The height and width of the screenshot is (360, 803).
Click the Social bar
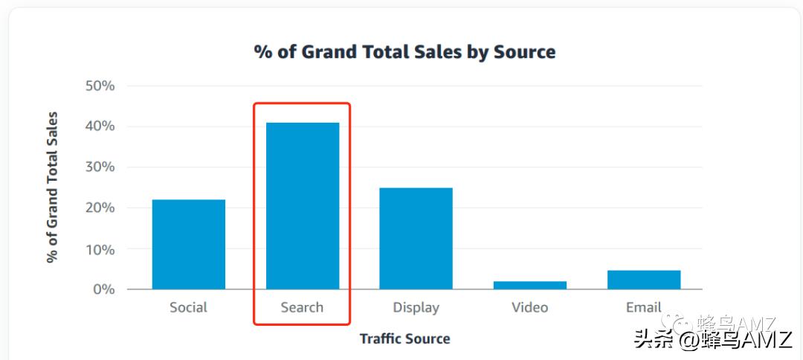coord(188,244)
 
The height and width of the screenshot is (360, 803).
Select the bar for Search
coord(302,205)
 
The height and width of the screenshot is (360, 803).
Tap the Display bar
coord(416,238)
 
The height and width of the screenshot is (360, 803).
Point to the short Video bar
coord(529,285)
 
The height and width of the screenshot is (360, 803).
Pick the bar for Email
coord(643,280)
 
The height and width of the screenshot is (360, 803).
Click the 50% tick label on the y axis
coord(99,86)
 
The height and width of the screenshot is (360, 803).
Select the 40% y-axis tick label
coord(99,126)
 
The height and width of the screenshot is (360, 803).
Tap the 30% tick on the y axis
coord(99,167)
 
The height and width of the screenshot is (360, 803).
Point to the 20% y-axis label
coord(99,208)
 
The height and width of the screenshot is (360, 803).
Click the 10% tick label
coord(99,249)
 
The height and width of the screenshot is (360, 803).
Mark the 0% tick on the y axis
coord(103,289)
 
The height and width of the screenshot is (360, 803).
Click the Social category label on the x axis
coord(188,307)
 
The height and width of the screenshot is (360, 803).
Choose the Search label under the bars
coord(302,307)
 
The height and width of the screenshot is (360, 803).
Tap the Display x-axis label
coord(416,307)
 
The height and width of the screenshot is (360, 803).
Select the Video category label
coord(529,307)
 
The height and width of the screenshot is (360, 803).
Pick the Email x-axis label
coord(643,307)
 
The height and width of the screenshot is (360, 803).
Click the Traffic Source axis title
coord(404,339)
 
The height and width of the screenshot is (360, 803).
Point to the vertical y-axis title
coord(52,187)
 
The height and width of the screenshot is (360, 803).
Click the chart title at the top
coord(404,52)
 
